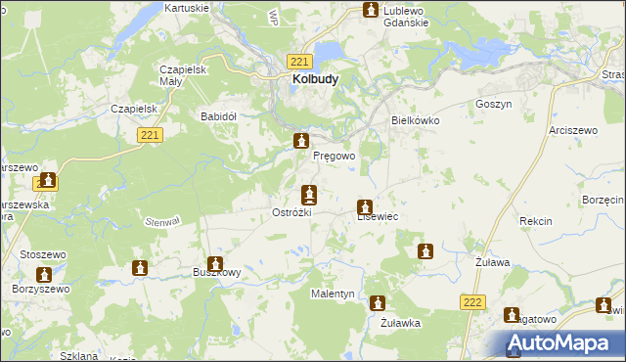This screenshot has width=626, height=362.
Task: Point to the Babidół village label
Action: click(x=218, y=115)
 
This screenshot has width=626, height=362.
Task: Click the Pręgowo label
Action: click(x=334, y=156)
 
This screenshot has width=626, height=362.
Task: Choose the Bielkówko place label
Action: click(x=416, y=120)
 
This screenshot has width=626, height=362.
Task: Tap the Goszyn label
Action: click(x=494, y=104)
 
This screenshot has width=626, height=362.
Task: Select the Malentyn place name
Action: click(x=333, y=294)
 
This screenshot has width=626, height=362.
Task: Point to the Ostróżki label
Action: click(x=291, y=212)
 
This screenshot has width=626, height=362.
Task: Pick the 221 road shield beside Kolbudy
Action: click(x=300, y=61)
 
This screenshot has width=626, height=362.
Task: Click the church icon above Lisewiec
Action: click(x=365, y=207)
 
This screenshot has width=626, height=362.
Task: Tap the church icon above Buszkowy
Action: click(x=214, y=263)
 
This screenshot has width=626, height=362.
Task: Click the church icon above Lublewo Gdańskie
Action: click(x=371, y=11)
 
